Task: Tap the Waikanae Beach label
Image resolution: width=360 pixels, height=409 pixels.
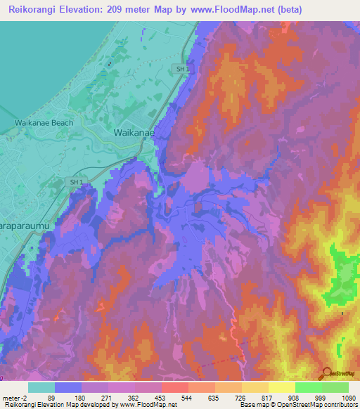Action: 44,122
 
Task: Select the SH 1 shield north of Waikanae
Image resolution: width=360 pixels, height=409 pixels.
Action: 181,69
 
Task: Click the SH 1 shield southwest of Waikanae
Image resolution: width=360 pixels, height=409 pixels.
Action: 76,182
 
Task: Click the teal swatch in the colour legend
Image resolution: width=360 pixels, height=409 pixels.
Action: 41,387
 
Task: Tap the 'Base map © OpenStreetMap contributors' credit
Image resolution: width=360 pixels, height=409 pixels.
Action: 298,405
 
